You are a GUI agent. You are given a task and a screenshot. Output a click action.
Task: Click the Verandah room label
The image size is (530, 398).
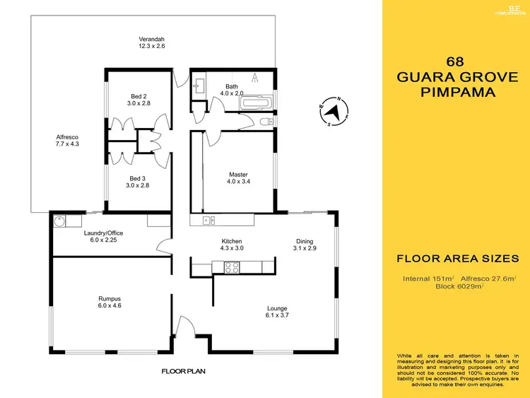[x=151, y=39]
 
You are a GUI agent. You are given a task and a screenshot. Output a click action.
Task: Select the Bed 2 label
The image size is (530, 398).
[x=139, y=96]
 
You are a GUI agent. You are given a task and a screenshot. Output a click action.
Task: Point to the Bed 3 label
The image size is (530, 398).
[x=138, y=178]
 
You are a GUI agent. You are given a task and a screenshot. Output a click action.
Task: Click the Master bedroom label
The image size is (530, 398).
[x=238, y=175]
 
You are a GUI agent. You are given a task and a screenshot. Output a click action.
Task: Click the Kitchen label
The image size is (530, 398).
[x=231, y=242]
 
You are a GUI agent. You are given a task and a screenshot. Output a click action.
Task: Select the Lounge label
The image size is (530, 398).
[x=276, y=308]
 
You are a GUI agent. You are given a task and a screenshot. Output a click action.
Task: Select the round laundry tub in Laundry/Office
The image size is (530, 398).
[x=59, y=220]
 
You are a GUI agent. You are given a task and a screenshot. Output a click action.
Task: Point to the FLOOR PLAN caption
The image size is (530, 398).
[x=182, y=370]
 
